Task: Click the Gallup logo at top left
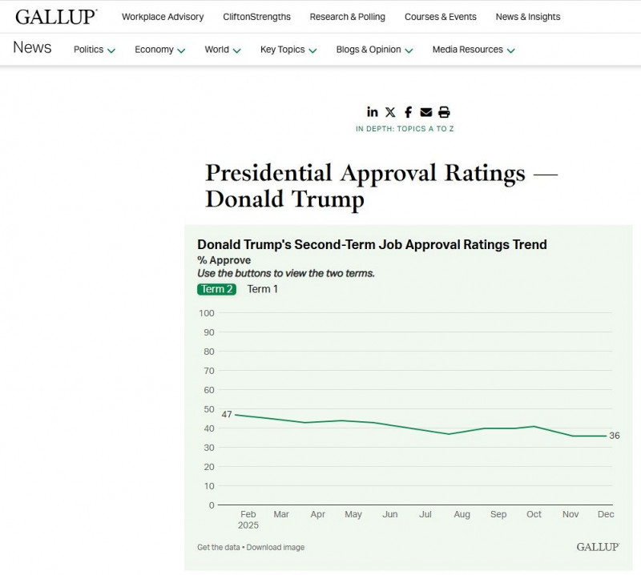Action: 56,17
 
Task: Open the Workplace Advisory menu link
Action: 163,17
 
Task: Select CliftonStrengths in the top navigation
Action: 256,17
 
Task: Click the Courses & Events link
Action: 440,17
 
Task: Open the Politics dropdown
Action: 94,50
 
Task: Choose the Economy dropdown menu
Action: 159,50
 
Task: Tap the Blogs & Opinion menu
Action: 374,50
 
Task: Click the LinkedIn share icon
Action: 373,112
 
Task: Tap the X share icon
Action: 390,112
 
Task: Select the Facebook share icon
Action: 408,112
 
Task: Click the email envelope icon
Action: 425,112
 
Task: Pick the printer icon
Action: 444,112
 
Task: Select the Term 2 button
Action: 216,289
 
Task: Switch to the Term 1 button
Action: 263,289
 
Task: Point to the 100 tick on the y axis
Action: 206,313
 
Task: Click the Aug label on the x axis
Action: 462,514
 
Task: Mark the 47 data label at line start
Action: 227,414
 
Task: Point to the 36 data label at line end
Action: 615,436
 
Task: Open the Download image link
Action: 276,548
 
